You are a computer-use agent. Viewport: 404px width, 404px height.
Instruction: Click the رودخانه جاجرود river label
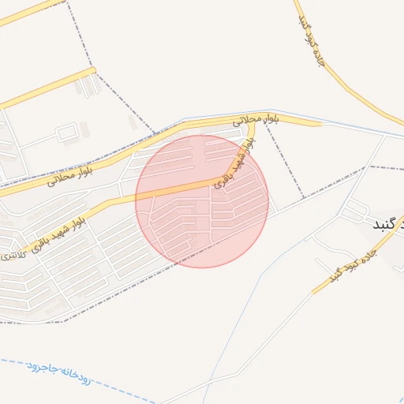[x=60, y=374]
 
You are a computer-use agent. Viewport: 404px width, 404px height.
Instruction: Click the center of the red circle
[x=202, y=201]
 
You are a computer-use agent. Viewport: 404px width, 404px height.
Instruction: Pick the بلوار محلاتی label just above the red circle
[x=257, y=120]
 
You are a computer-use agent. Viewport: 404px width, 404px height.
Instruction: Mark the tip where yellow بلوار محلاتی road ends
[x=320, y=123]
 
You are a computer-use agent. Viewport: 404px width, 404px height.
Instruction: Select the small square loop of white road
[x=66, y=131]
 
